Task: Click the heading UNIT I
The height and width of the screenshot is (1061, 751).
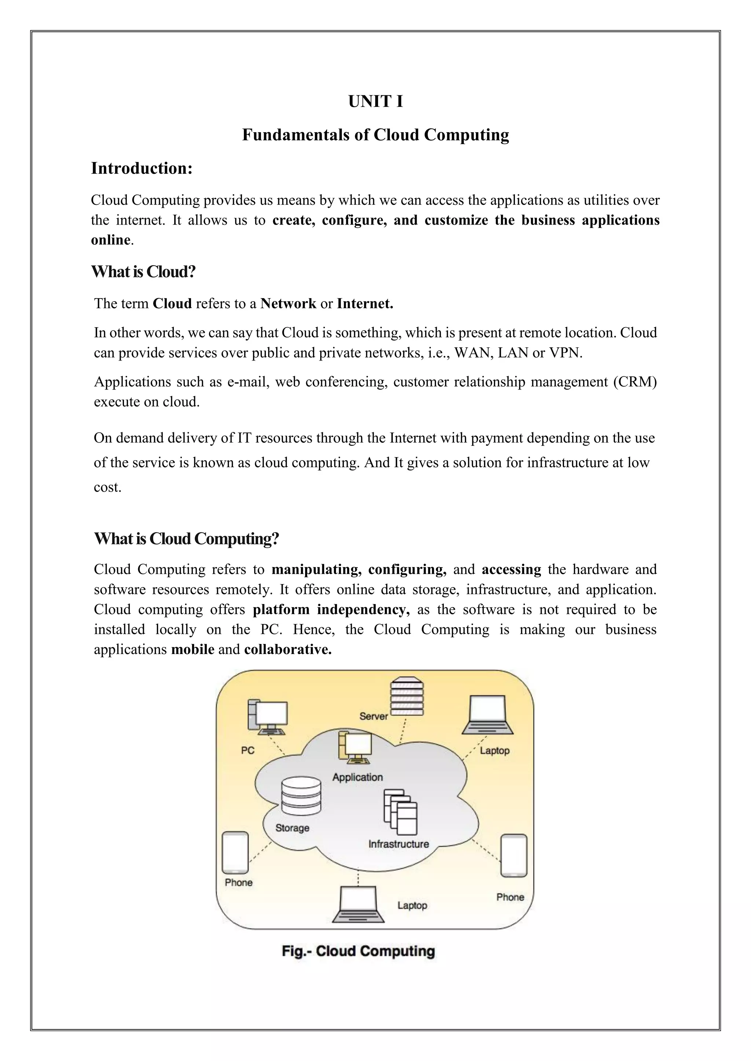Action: pos(375,101)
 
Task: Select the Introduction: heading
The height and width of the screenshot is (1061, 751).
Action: pos(142,168)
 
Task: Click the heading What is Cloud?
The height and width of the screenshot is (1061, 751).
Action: pos(143,272)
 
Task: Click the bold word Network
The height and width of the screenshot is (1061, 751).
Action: pos(288,304)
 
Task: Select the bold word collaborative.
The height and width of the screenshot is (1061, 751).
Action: pos(287,650)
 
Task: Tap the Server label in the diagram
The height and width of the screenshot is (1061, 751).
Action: pos(374,716)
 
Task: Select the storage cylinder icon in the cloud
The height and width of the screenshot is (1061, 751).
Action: pos(301,796)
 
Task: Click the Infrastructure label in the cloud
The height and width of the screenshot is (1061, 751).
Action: pos(399,844)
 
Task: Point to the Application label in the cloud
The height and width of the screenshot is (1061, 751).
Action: pos(358,777)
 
